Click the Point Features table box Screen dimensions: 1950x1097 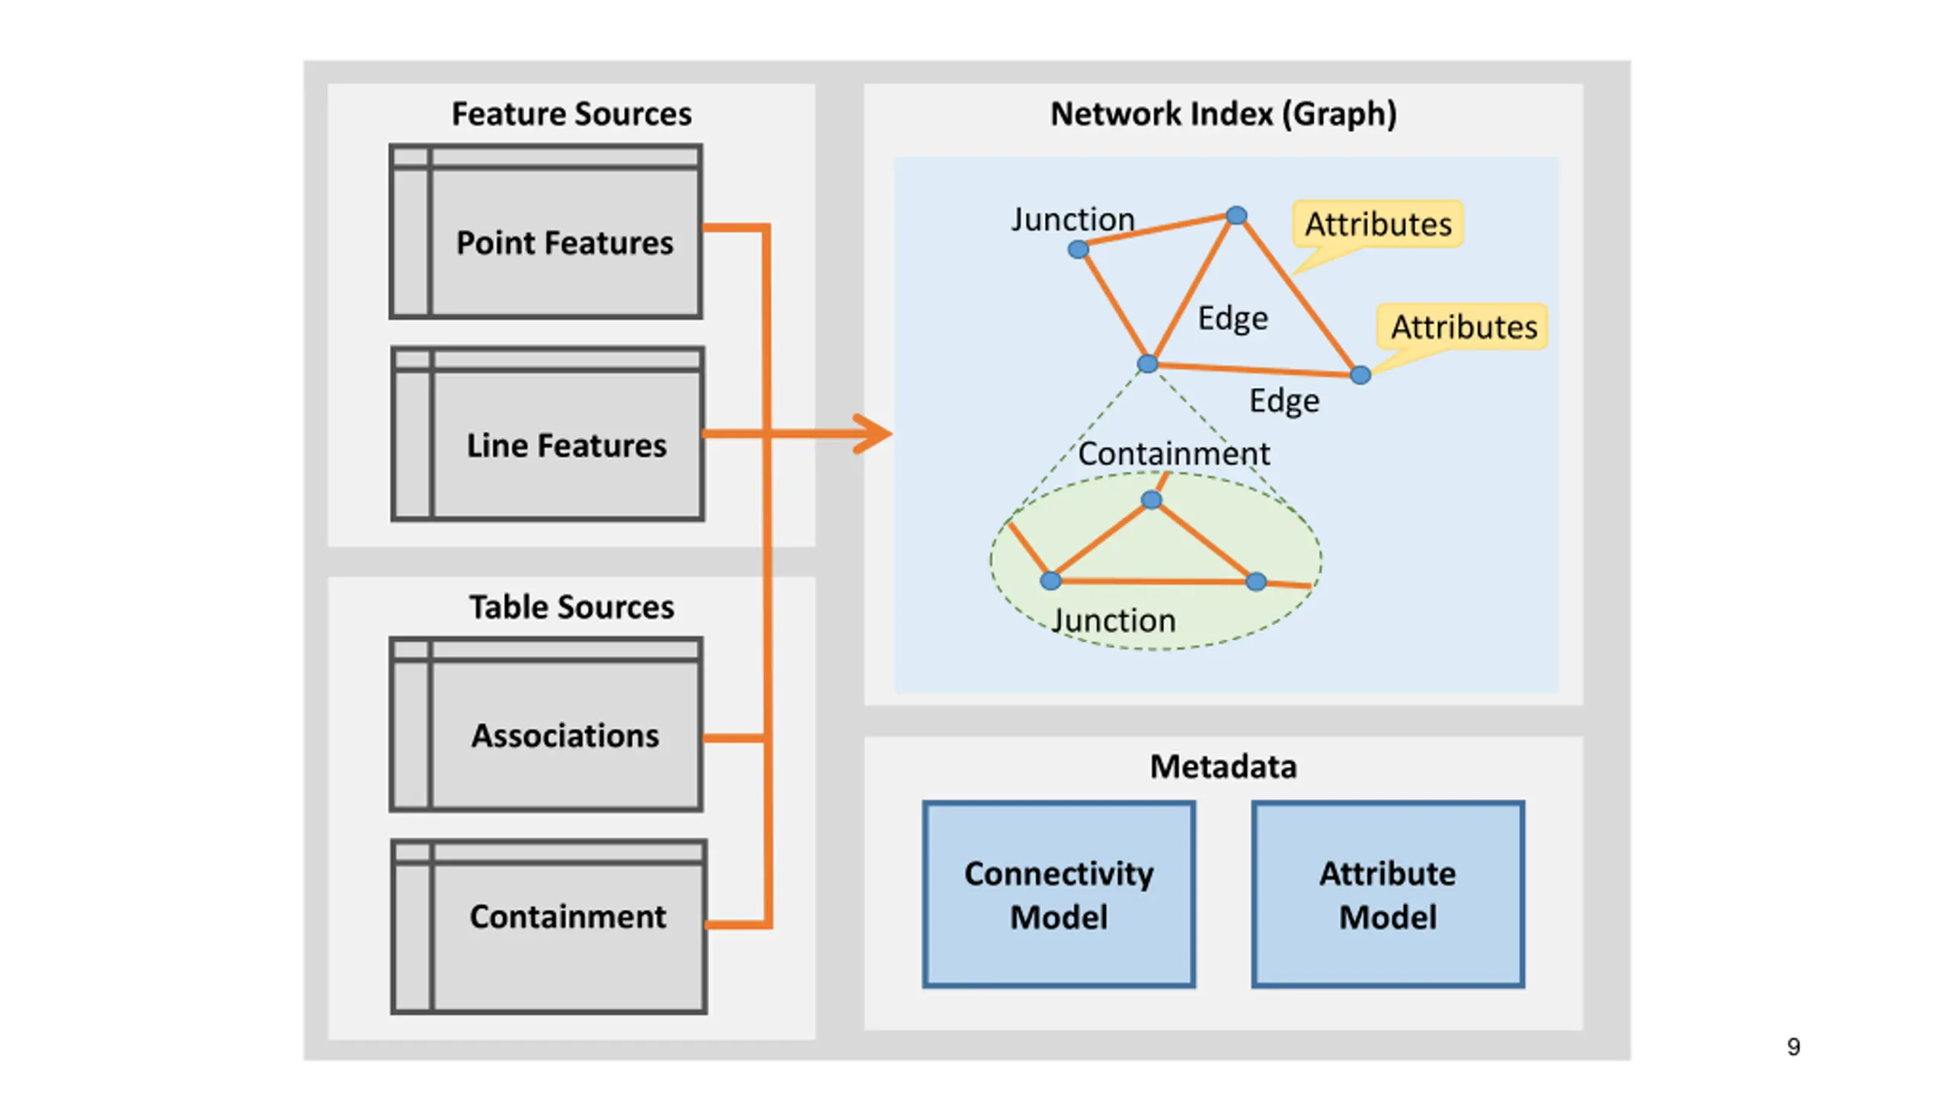[545, 231]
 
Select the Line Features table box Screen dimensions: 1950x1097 [548, 433]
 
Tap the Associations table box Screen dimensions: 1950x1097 [545, 724]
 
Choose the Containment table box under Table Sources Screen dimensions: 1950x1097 [548, 926]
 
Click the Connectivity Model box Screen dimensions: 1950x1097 [1059, 894]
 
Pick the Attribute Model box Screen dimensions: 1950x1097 [1388, 894]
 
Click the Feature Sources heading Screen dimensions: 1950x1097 [571, 114]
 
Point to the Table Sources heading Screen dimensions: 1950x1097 [571, 607]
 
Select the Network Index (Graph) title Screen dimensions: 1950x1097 [1223, 114]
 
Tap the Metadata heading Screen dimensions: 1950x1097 [1223, 766]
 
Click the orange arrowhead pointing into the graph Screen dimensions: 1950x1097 [873, 433]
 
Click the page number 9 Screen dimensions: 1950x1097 [1794, 1047]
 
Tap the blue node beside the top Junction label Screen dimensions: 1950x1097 [1078, 249]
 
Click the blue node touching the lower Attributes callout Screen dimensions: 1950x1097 [1360, 375]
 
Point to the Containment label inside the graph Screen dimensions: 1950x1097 [1174, 454]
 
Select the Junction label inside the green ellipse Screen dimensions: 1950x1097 [1114, 621]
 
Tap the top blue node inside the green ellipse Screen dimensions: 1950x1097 [1152, 500]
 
